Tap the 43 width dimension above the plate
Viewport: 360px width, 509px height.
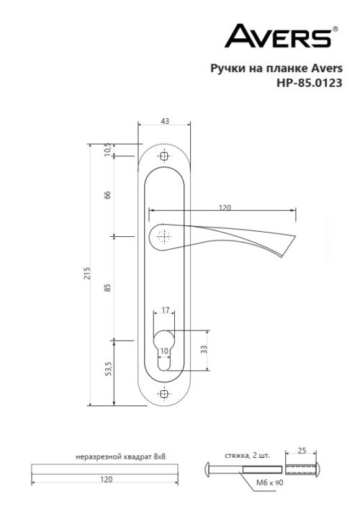[x=165, y=122]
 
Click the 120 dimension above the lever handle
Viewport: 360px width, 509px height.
[x=224, y=207]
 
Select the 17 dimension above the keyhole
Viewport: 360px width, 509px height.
[x=165, y=310]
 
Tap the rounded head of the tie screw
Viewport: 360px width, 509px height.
[x=208, y=469]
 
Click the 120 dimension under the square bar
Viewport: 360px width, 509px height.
[x=105, y=478]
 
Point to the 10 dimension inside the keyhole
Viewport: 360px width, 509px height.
[x=165, y=351]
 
